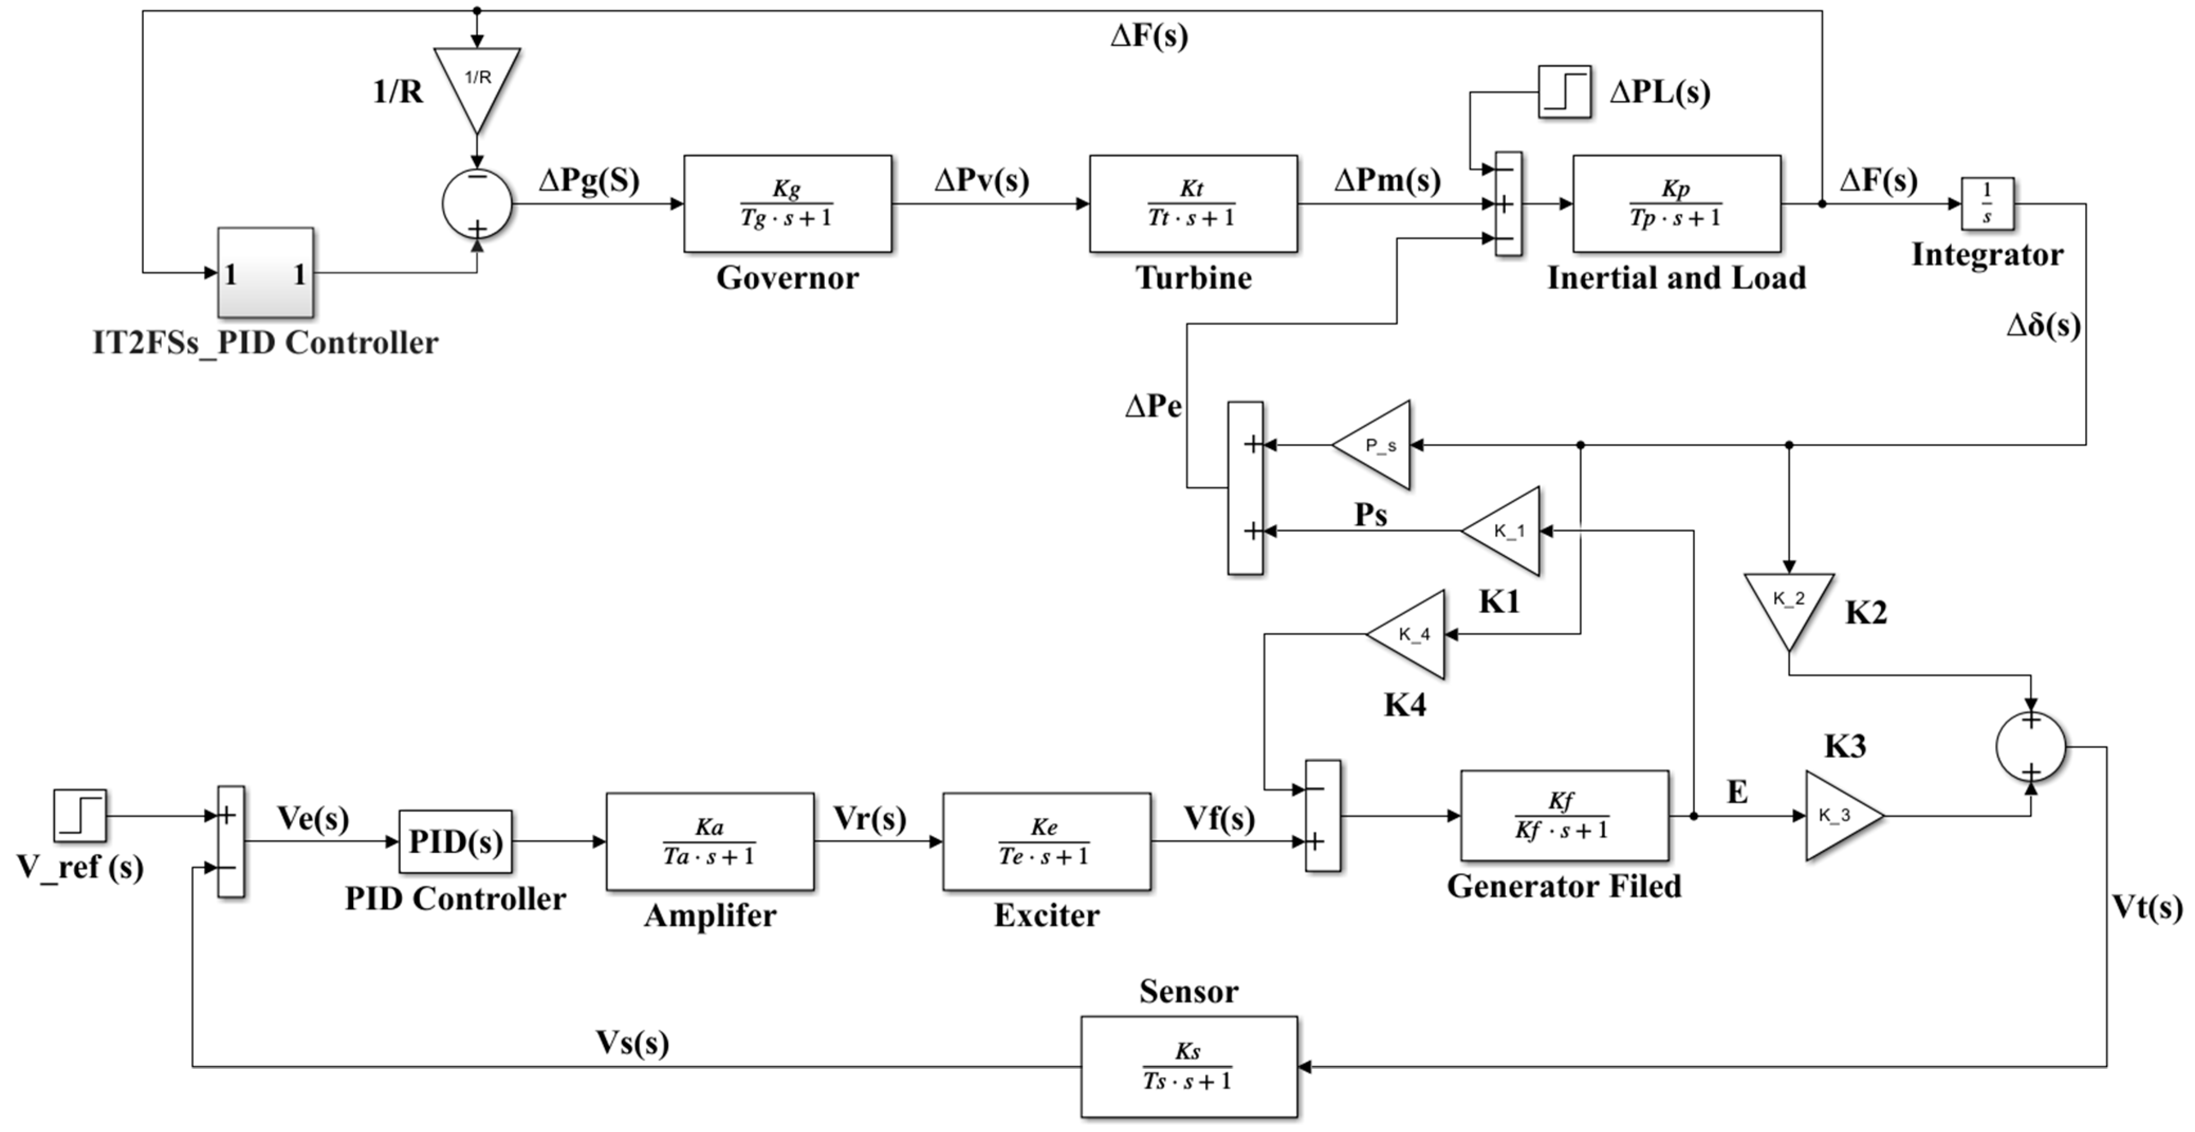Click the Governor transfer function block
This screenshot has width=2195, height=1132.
(787, 203)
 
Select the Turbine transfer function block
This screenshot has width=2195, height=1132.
(1193, 203)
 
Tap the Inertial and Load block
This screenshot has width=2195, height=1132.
(1676, 203)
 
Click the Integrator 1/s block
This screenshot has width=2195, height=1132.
(1987, 203)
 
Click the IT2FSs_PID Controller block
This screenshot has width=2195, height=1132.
(265, 273)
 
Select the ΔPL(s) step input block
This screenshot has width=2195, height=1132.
(1564, 91)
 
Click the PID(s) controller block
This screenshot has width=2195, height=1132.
(455, 841)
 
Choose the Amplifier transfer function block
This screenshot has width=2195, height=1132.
(710, 841)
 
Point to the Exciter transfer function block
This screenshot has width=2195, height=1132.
(1046, 841)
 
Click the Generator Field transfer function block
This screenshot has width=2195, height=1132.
(1564, 816)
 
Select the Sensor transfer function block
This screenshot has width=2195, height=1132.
(1188, 1066)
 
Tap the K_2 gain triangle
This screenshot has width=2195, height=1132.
(1788, 605)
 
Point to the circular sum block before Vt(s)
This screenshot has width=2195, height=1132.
(2031, 747)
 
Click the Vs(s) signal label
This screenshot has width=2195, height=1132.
(631, 1043)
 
